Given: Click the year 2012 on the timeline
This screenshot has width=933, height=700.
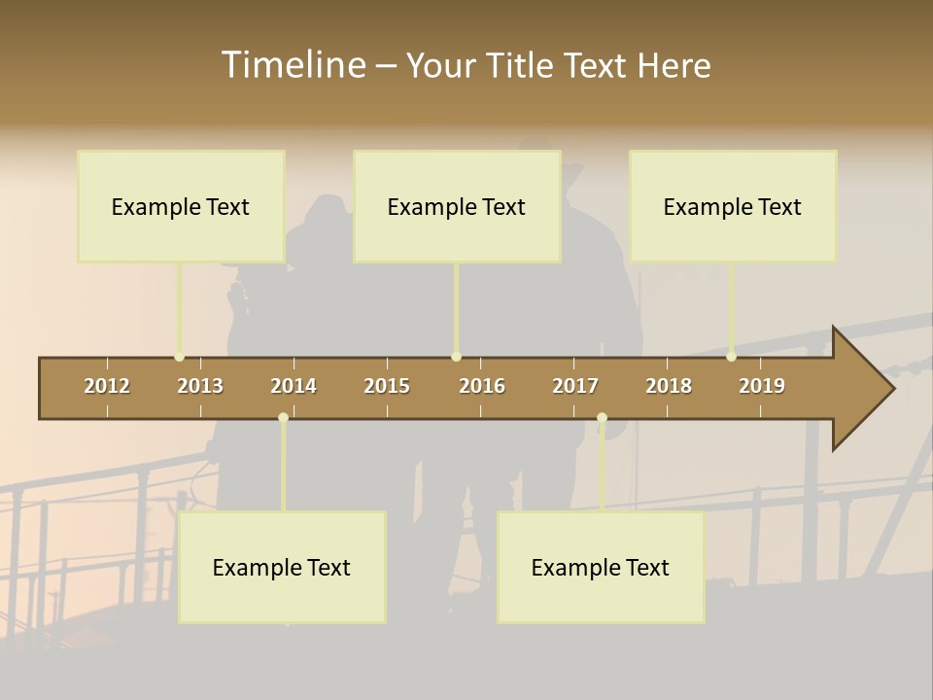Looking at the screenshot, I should click(107, 386).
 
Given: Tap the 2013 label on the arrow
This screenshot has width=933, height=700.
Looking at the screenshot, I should click(200, 386).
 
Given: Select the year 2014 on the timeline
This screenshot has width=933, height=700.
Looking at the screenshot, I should click(294, 386).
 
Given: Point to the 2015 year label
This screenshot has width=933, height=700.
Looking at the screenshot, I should click(387, 386).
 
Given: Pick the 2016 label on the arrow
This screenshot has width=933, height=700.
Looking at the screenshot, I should click(482, 386).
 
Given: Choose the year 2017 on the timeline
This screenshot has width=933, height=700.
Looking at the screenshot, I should click(575, 386).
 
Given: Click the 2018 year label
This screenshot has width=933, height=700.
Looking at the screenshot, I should click(669, 386).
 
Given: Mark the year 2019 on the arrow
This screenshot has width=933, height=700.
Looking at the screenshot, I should click(762, 386).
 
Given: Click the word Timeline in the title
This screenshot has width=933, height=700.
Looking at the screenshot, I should click(293, 65).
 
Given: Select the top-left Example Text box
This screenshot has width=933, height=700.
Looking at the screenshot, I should click(181, 206).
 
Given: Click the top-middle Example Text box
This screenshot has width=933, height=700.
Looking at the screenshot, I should click(457, 206).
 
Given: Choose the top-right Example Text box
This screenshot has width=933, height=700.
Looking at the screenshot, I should click(733, 206).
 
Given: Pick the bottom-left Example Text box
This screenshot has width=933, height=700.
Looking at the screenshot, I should click(282, 567).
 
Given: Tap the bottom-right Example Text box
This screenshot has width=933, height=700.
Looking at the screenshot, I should click(601, 567).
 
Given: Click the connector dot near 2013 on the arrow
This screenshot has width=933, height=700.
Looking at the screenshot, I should click(179, 357).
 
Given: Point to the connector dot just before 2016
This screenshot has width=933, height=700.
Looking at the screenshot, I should click(456, 357).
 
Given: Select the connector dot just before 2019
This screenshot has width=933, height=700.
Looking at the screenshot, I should click(731, 357).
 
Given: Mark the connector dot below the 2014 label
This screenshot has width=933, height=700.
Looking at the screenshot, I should click(283, 418).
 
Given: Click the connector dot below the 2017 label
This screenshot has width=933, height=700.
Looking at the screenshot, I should click(602, 418).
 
